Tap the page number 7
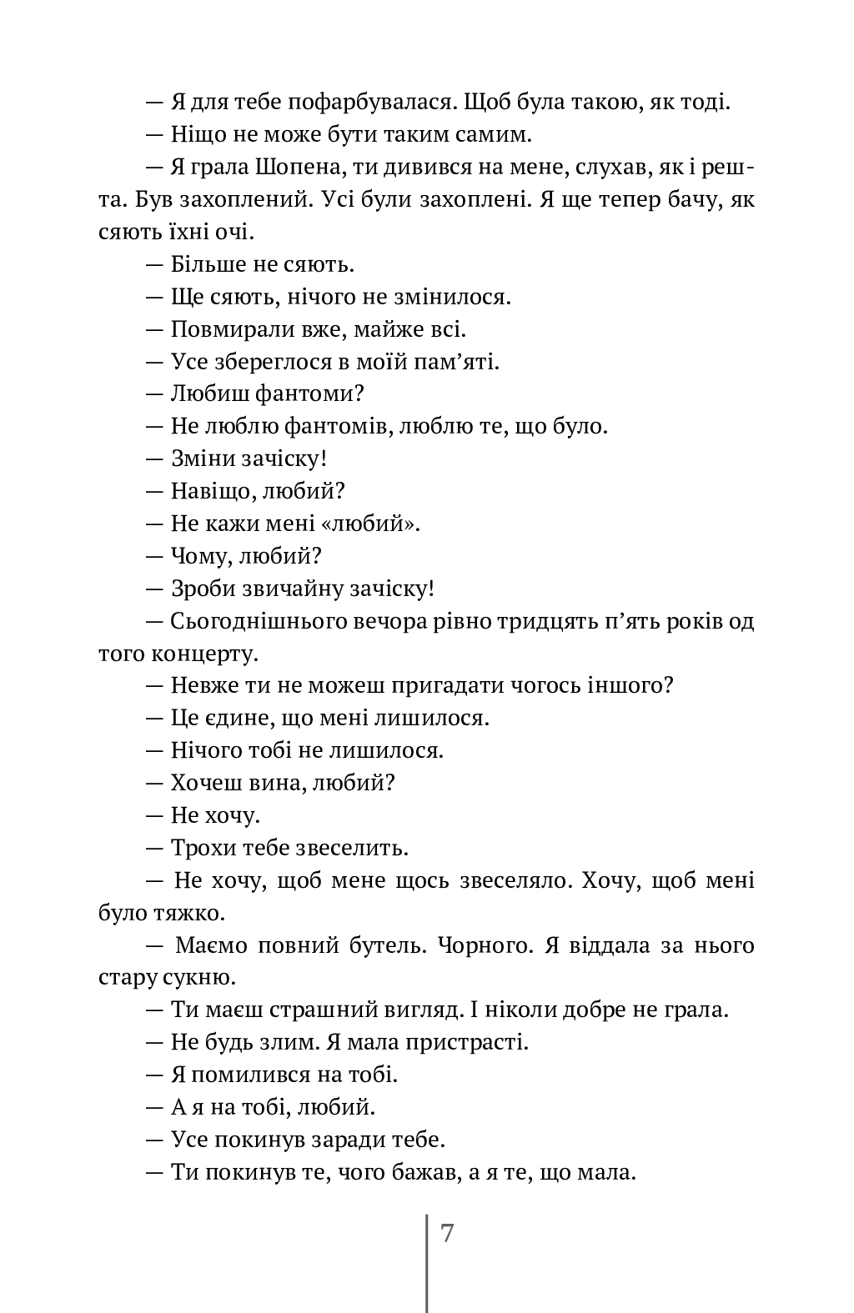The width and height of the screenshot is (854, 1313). [447, 1233]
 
